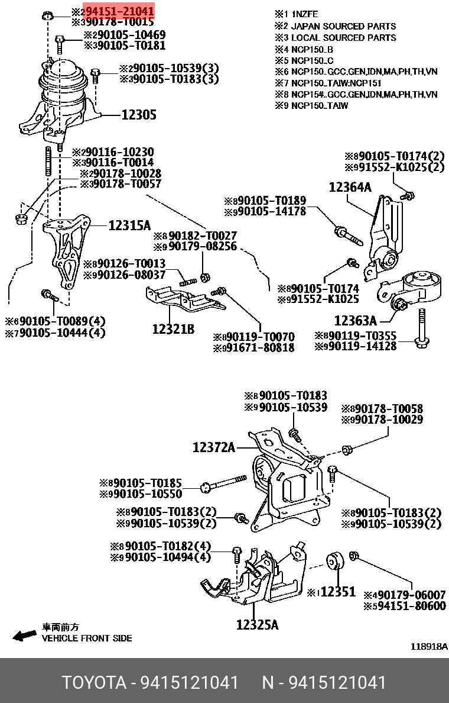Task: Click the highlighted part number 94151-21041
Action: coord(118,11)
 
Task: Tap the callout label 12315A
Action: coord(129,225)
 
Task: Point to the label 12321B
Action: coord(173,329)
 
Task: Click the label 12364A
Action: coord(350,188)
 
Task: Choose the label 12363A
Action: coord(355,321)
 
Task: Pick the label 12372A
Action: coord(213,448)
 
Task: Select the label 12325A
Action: coord(257,624)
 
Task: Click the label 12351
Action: coord(337,591)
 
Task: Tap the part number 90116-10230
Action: coord(116,151)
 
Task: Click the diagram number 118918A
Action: coord(429,647)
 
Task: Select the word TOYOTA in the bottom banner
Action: coord(94,682)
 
